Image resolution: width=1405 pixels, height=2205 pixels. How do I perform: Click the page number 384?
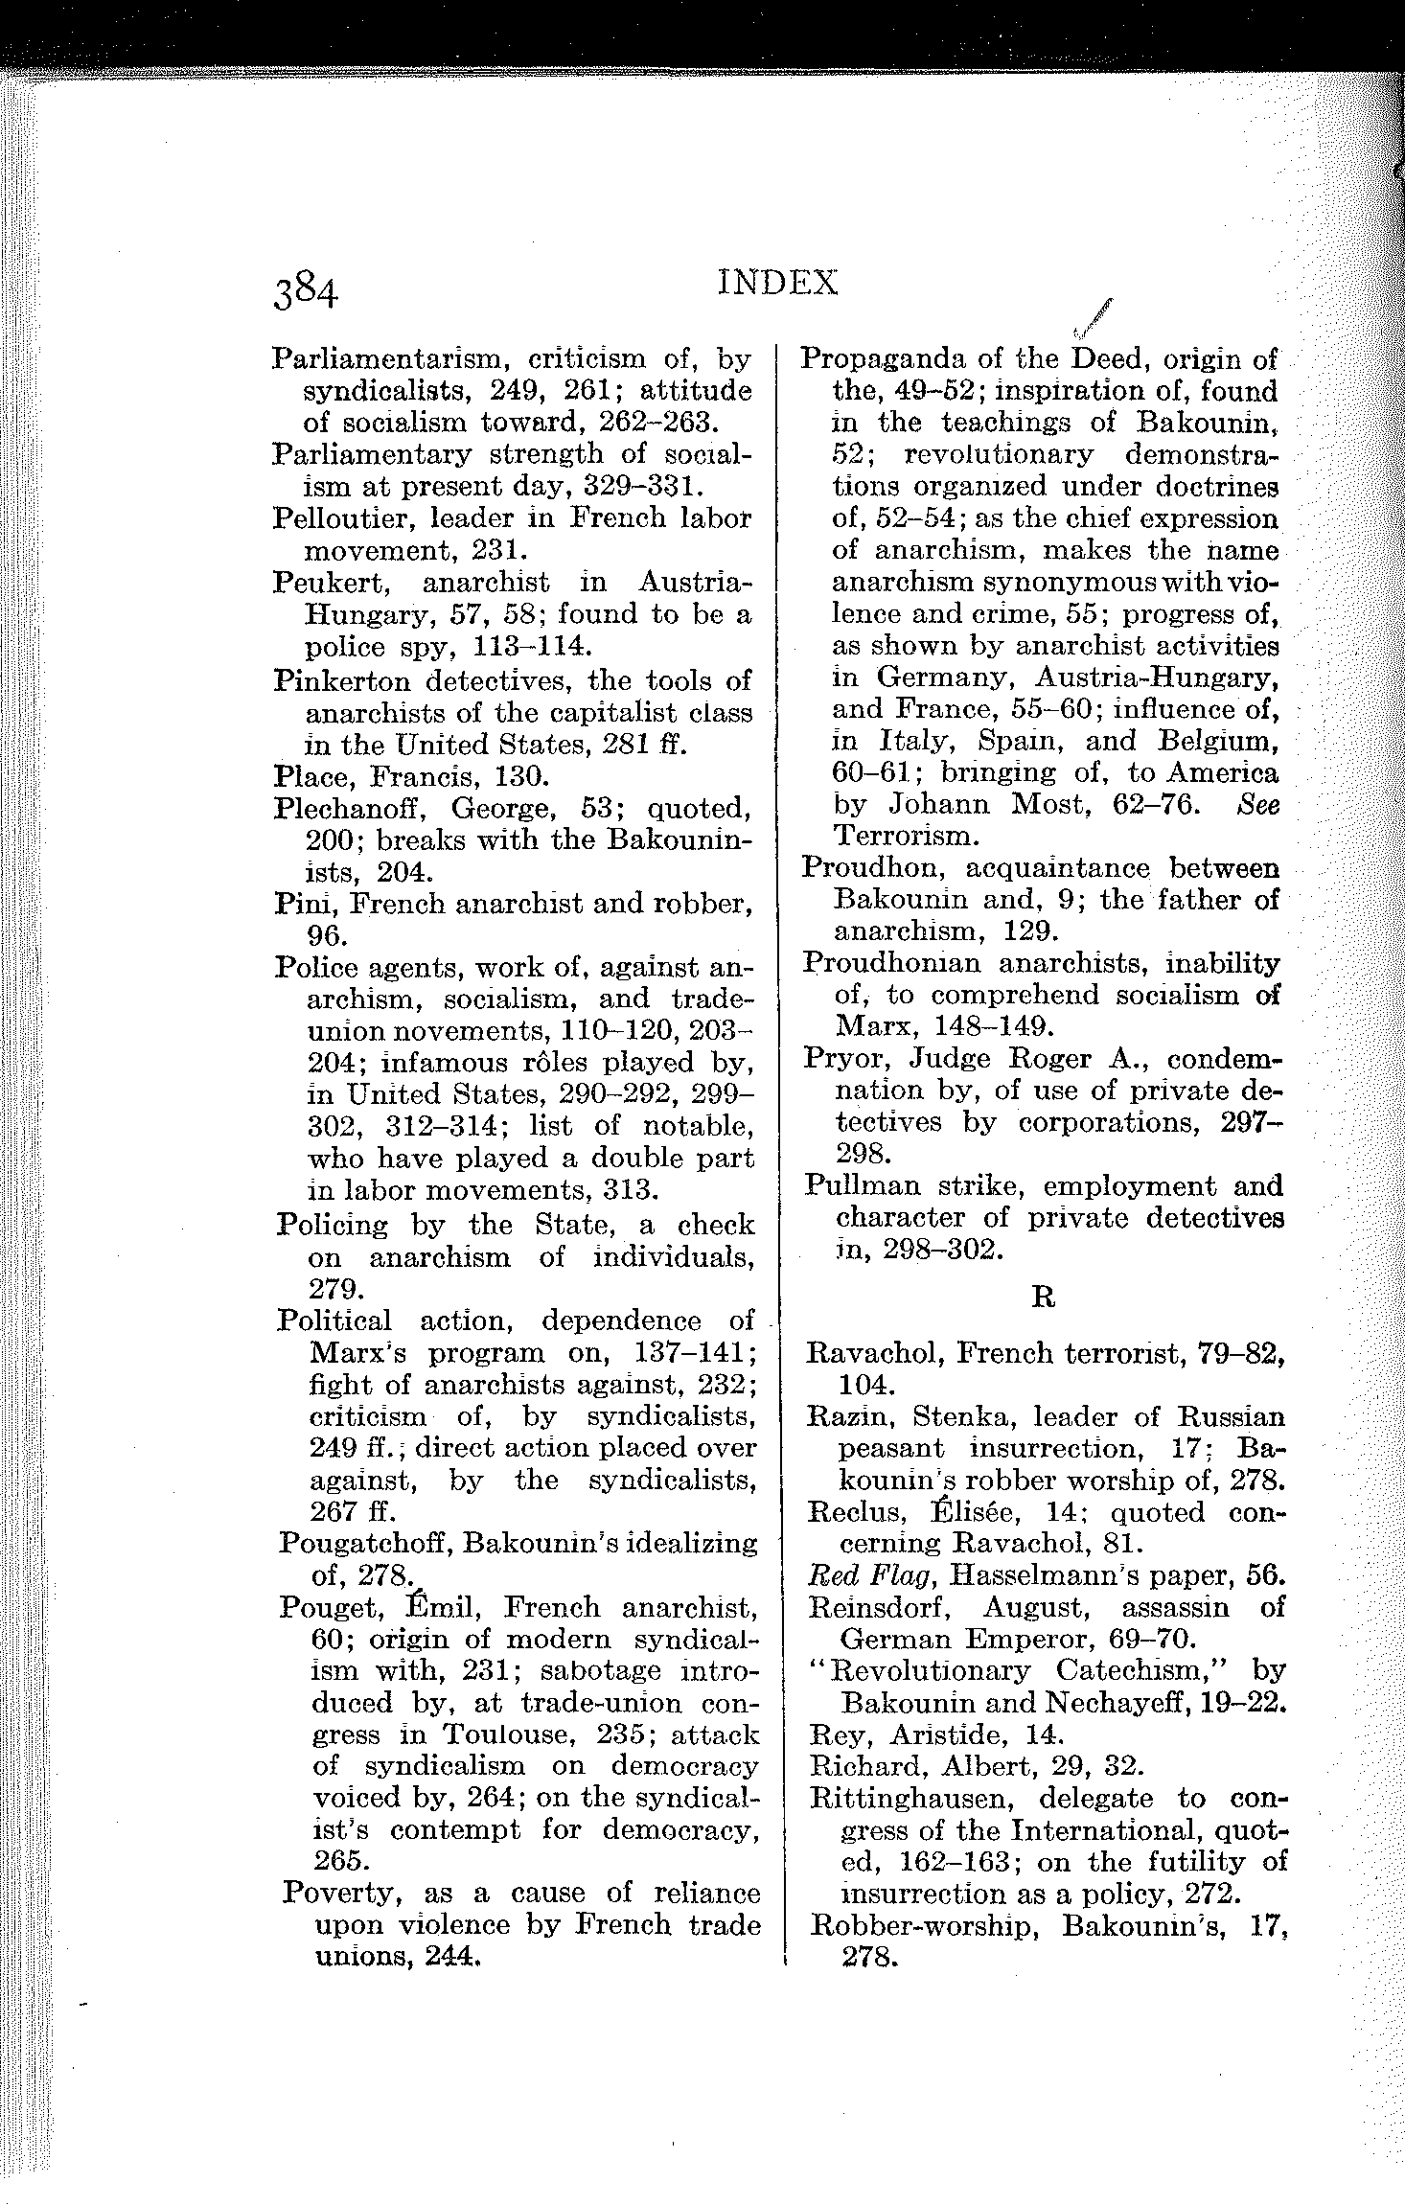305,290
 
